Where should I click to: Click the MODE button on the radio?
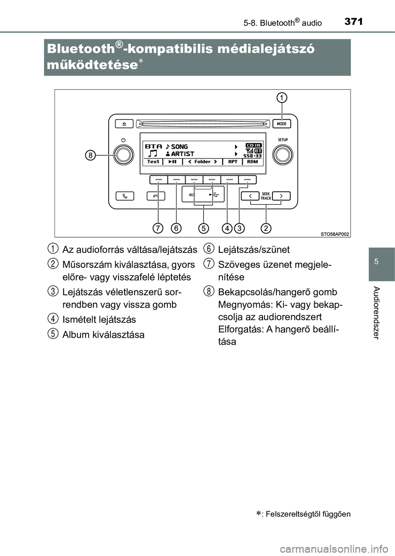tap(282, 124)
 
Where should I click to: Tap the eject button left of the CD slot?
tap(124, 124)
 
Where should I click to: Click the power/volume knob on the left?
tap(124, 155)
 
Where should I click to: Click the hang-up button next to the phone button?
tap(156, 196)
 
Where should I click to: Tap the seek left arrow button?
tap(250, 196)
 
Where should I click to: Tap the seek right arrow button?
tap(281, 196)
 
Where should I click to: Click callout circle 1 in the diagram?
tap(282, 98)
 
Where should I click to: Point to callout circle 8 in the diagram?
tap(90, 155)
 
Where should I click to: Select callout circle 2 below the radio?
tap(266, 228)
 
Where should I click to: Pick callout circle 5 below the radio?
tap(203, 228)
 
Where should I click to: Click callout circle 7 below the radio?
tap(158, 228)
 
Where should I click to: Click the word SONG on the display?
tap(179, 147)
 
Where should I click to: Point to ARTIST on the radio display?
tap(183, 154)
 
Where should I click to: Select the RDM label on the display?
tap(253, 162)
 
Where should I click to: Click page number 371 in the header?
tap(353, 21)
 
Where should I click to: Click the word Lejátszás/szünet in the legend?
tap(254, 250)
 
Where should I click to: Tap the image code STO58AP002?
tap(335, 234)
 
